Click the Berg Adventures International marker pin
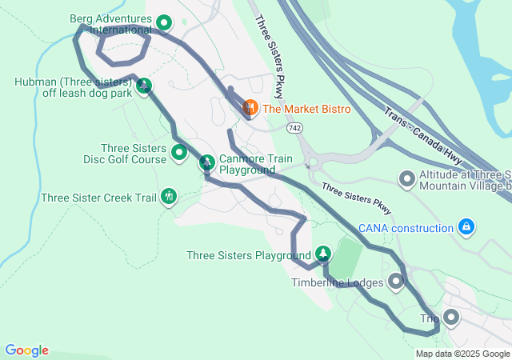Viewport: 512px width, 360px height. (164, 23)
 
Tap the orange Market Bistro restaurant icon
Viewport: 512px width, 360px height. (250, 107)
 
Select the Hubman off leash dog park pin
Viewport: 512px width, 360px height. (144, 86)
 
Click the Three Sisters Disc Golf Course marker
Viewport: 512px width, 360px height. (179, 151)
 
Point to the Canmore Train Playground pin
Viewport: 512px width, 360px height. (206, 162)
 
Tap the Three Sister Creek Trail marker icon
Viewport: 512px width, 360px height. (168, 196)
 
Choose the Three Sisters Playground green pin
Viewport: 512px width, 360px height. (322, 254)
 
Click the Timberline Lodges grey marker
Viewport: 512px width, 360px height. (396, 281)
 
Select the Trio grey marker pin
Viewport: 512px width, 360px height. (450, 318)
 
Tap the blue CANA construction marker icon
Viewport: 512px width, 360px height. (466, 228)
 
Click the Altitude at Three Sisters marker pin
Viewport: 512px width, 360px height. (407, 178)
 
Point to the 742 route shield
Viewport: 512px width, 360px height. (295, 127)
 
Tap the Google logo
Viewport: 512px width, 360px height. (26, 350)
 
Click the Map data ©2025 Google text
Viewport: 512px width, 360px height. (462, 354)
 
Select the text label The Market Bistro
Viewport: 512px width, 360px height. (306, 108)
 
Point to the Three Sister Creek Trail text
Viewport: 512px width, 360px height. (98, 198)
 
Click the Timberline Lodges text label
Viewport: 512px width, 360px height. (336, 282)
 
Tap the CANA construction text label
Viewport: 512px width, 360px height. (406, 229)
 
